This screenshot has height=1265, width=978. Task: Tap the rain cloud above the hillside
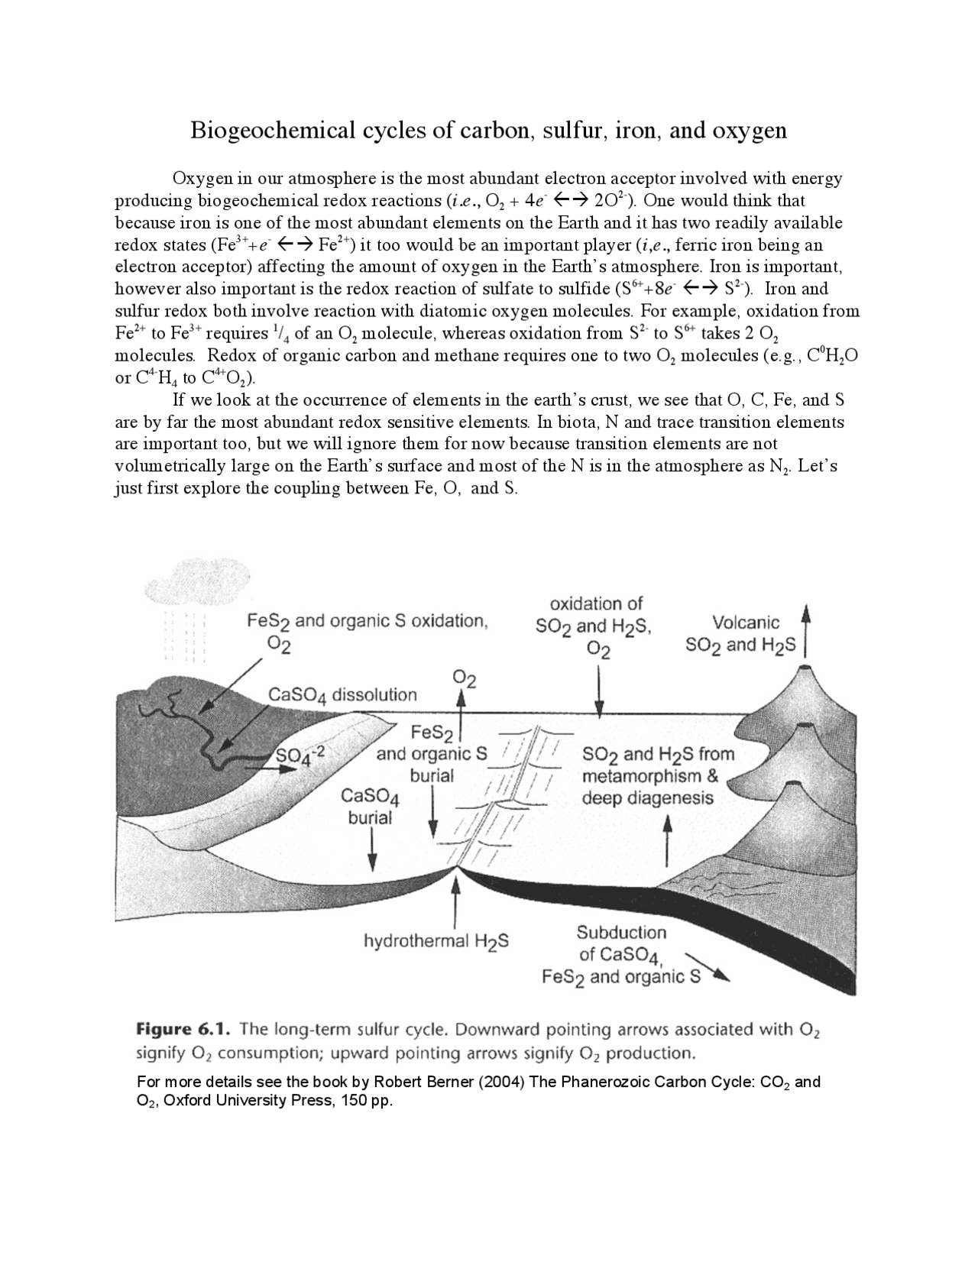tap(184, 582)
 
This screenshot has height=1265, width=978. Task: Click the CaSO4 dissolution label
tap(342, 694)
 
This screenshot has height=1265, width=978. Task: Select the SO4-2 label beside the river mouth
tap(300, 754)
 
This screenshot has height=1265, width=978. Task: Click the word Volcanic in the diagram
tap(745, 623)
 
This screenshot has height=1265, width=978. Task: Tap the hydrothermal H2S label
tap(436, 941)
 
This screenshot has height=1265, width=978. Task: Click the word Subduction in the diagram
tap(621, 932)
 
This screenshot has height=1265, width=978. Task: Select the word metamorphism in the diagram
tap(640, 776)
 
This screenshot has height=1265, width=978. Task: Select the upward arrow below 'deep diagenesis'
tap(668, 840)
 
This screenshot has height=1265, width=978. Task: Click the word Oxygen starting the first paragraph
tap(202, 179)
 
